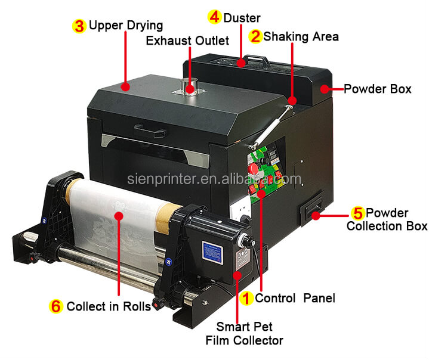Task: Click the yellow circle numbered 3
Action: (x=79, y=26)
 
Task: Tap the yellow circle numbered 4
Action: (x=214, y=17)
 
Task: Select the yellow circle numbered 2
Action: (x=255, y=36)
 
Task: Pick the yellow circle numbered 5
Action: (x=357, y=213)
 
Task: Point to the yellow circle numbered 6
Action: (x=55, y=306)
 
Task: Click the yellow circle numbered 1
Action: (x=245, y=297)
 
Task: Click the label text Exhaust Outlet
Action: (x=187, y=41)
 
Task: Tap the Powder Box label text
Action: (x=377, y=89)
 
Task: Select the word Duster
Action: (x=242, y=17)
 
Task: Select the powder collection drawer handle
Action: (x=311, y=209)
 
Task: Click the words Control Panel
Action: (x=295, y=297)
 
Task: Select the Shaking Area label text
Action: (x=301, y=36)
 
